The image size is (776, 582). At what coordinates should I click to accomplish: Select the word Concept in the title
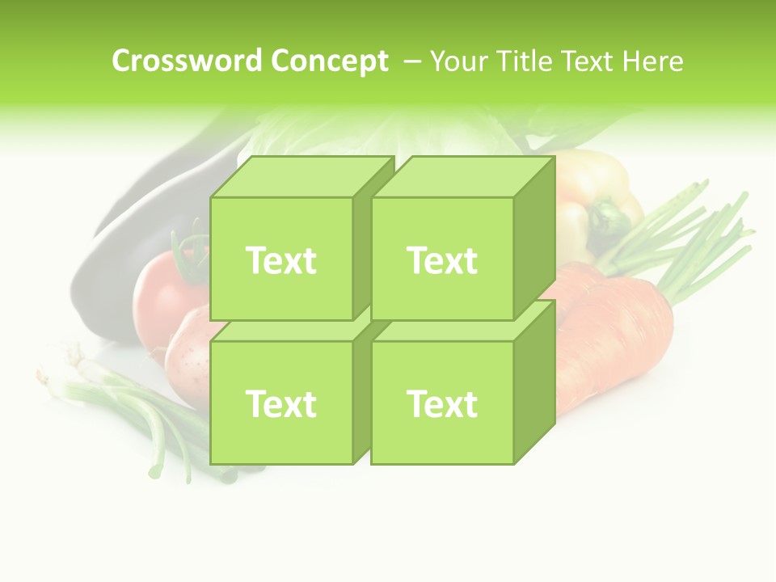(329, 61)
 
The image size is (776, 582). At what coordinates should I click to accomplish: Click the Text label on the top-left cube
(280, 260)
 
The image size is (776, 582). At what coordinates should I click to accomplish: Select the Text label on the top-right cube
(442, 260)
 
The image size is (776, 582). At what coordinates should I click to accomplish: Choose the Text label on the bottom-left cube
(280, 403)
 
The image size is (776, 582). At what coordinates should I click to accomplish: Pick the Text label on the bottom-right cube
(442, 403)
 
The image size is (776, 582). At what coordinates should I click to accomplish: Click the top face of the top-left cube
(301, 177)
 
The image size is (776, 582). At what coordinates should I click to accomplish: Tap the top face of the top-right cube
(462, 177)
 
